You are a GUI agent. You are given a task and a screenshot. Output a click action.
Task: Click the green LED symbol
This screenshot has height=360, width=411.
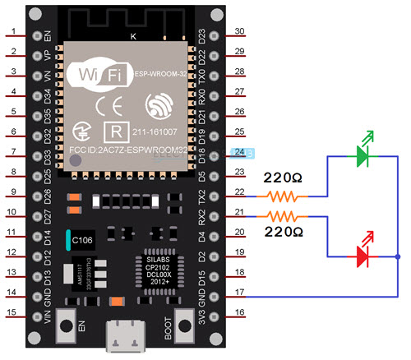click(362, 154)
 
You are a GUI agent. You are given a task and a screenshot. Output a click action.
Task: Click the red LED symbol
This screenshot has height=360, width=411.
click(362, 256)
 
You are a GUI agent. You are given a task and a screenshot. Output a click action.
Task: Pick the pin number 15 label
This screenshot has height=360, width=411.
click(14, 313)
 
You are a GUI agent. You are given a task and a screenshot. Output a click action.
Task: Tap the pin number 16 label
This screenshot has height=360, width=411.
click(240, 313)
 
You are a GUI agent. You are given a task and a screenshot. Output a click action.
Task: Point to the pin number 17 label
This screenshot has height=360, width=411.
click(240, 293)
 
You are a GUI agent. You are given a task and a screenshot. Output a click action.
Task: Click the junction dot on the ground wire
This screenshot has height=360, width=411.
click(398, 257)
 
